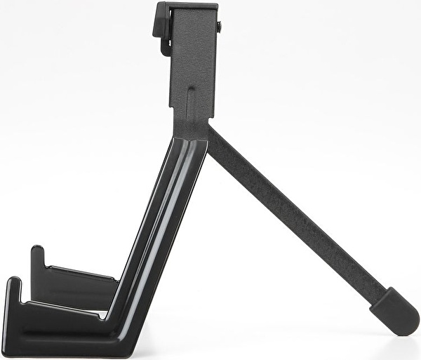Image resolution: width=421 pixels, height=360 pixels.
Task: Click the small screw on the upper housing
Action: tap(219, 27)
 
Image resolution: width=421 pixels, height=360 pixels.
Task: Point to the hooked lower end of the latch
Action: tap(166, 49)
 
